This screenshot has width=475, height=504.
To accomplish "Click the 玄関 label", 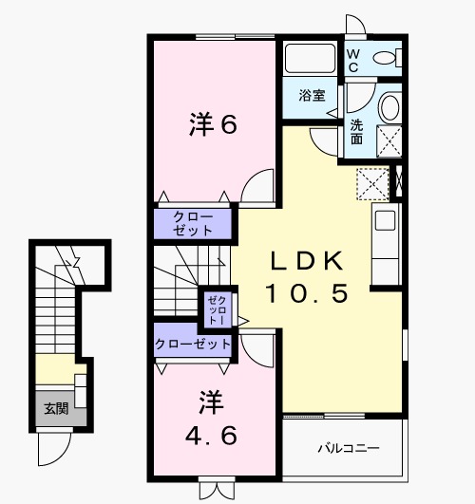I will (x=55, y=409).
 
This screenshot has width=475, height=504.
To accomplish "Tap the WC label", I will (x=352, y=60).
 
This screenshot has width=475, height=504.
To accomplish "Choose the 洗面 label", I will (x=355, y=131).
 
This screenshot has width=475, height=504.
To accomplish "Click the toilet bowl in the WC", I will (x=385, y=60).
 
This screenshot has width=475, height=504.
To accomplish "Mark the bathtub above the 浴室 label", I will (x=310, y=60).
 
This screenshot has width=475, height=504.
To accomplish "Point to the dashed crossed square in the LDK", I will (x=372, y=183).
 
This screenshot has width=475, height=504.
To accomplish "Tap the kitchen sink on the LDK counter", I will (x=385, y=220).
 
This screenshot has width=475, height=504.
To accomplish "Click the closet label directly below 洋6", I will (x=194, y=224).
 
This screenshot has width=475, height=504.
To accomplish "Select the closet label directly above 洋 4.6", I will (x=193, y=343).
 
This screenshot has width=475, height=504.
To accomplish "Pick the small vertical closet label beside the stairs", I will (x=210, y=309).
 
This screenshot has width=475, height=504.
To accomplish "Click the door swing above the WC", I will (x=354, y=27).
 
